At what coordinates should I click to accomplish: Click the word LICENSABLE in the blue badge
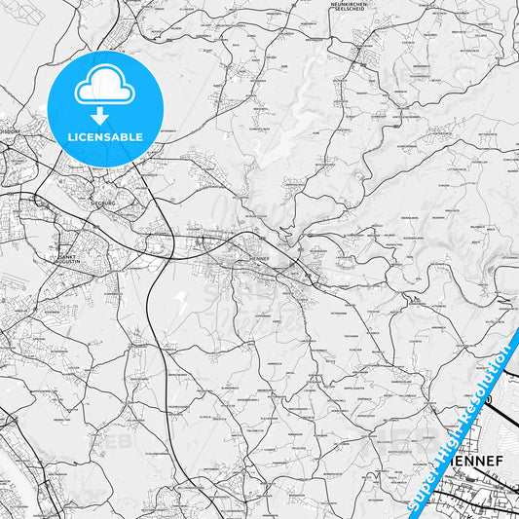[x=104, y=136]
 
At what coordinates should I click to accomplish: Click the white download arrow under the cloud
[x=101, y=116]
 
